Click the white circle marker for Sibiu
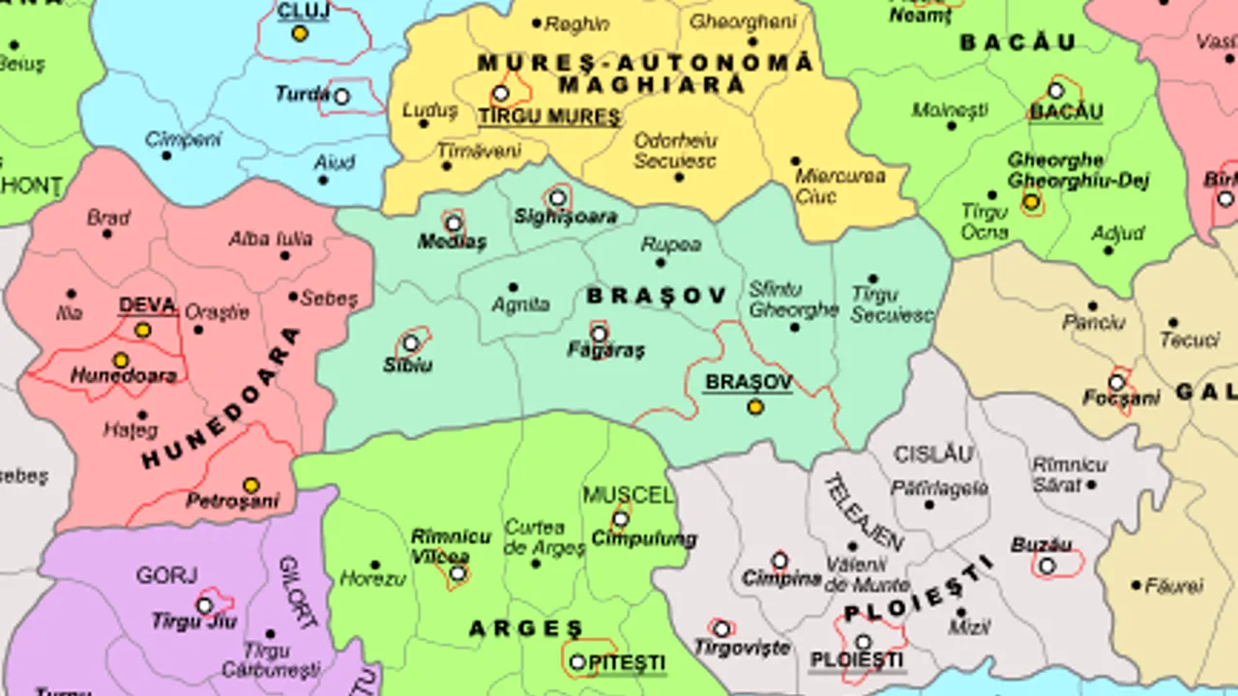[411, 343]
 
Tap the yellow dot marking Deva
[142, 331]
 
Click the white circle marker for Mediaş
[454, 224]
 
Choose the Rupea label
[671, 245]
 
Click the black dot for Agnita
[513, 287]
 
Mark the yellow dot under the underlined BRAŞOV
[755, 407]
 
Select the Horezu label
[372, 579]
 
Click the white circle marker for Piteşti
[577, 662]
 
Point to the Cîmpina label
[781, 579]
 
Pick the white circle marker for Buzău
[1046, 565]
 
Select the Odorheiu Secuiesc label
[674, 151]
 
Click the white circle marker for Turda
[341, 97]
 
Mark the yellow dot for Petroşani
[251, 485]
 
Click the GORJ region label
[166, 576]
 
